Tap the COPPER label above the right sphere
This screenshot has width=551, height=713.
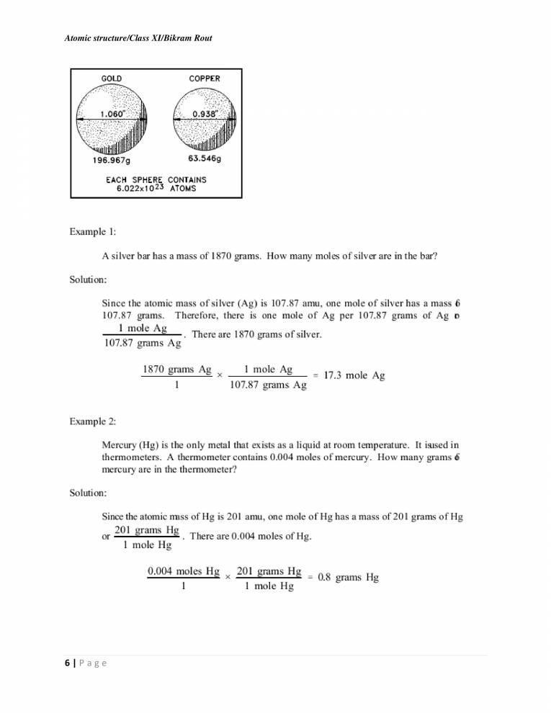pos(205,79)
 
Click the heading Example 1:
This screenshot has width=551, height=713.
pos(94,233)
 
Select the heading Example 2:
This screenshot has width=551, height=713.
pos(94,420)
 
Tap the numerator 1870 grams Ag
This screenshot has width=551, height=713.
pos(176,369)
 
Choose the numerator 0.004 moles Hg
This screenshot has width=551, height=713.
pos(183,571)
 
